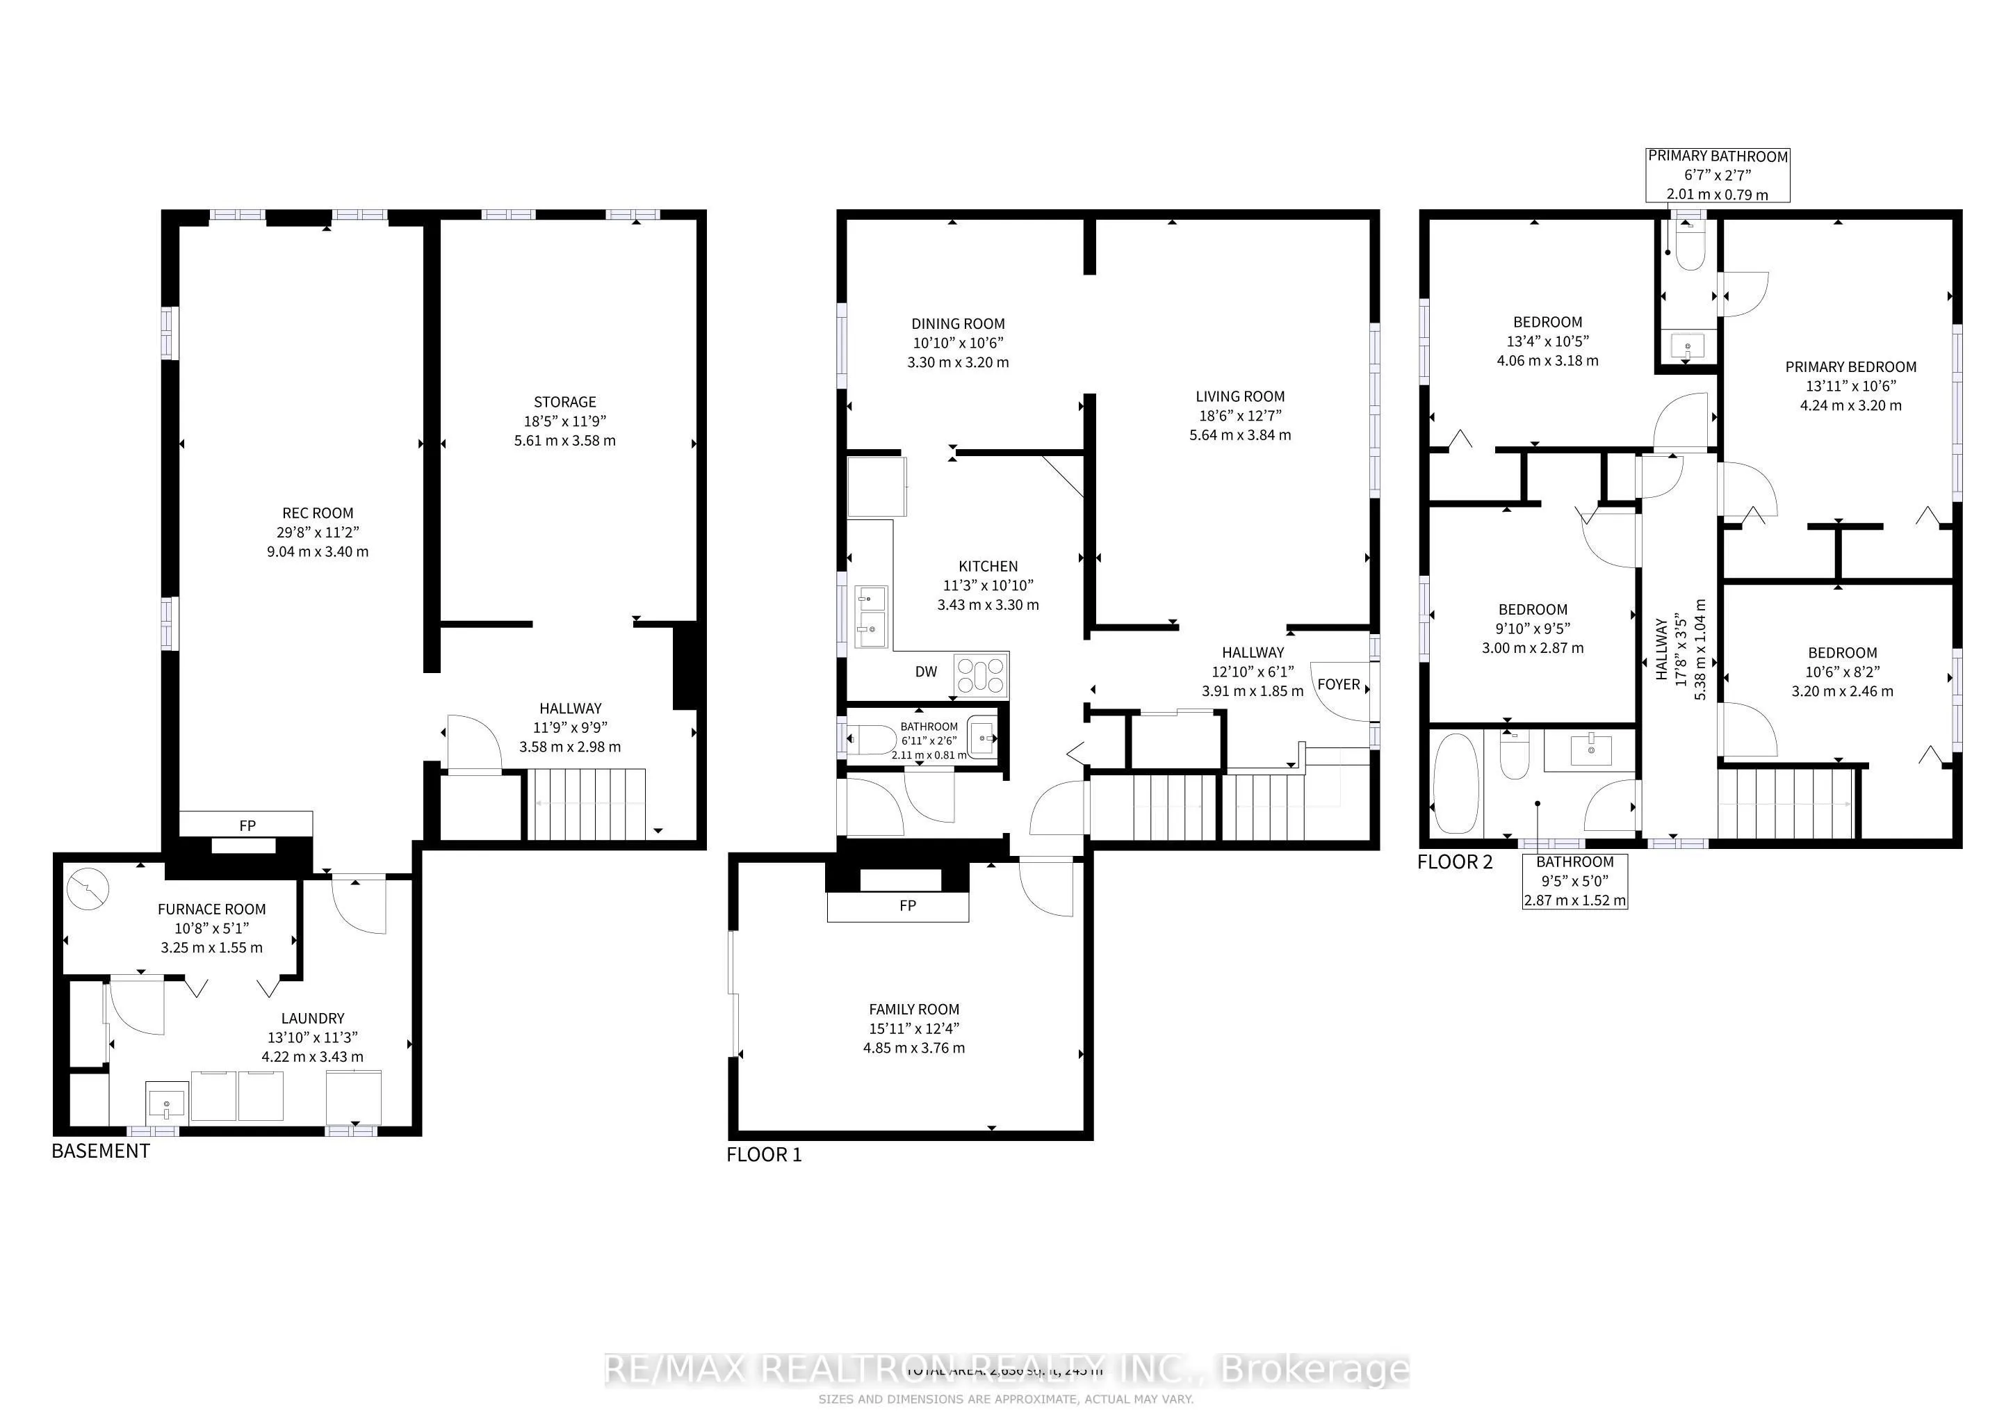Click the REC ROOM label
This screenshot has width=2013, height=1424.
click(x=318, y=513)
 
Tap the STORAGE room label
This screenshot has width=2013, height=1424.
click(x=564, y=402)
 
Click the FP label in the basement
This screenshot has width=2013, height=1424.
click(x=247, y=825)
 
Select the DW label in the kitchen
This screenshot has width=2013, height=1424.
click(x=926, y=672)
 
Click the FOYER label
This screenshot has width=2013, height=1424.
click(x=1338, y=684)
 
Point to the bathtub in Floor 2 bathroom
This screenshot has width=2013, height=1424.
click(x=1456, y=783)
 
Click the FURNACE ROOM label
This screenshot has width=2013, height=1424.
click(x=211, y=909)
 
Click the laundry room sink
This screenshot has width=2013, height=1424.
click(x=167, y=1101)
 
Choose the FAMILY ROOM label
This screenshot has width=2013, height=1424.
click(x=913, y=1010)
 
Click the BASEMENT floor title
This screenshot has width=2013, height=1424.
click(x=101, y=1151)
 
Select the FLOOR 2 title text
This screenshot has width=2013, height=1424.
click(x=1455, y=862)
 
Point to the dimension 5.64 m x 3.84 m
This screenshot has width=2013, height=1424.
click(x=1240, y=435)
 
